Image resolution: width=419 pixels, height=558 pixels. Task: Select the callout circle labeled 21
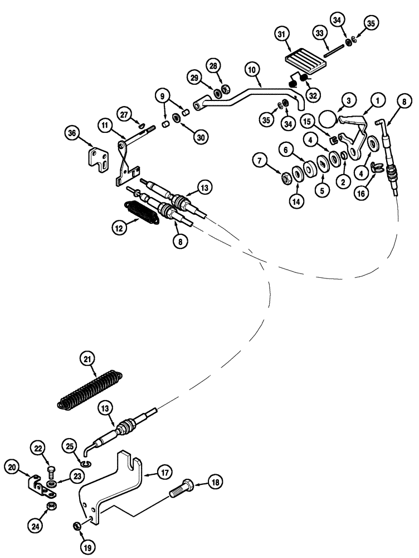coord(86,359)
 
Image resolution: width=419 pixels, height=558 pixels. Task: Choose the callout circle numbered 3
coord(347,100)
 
